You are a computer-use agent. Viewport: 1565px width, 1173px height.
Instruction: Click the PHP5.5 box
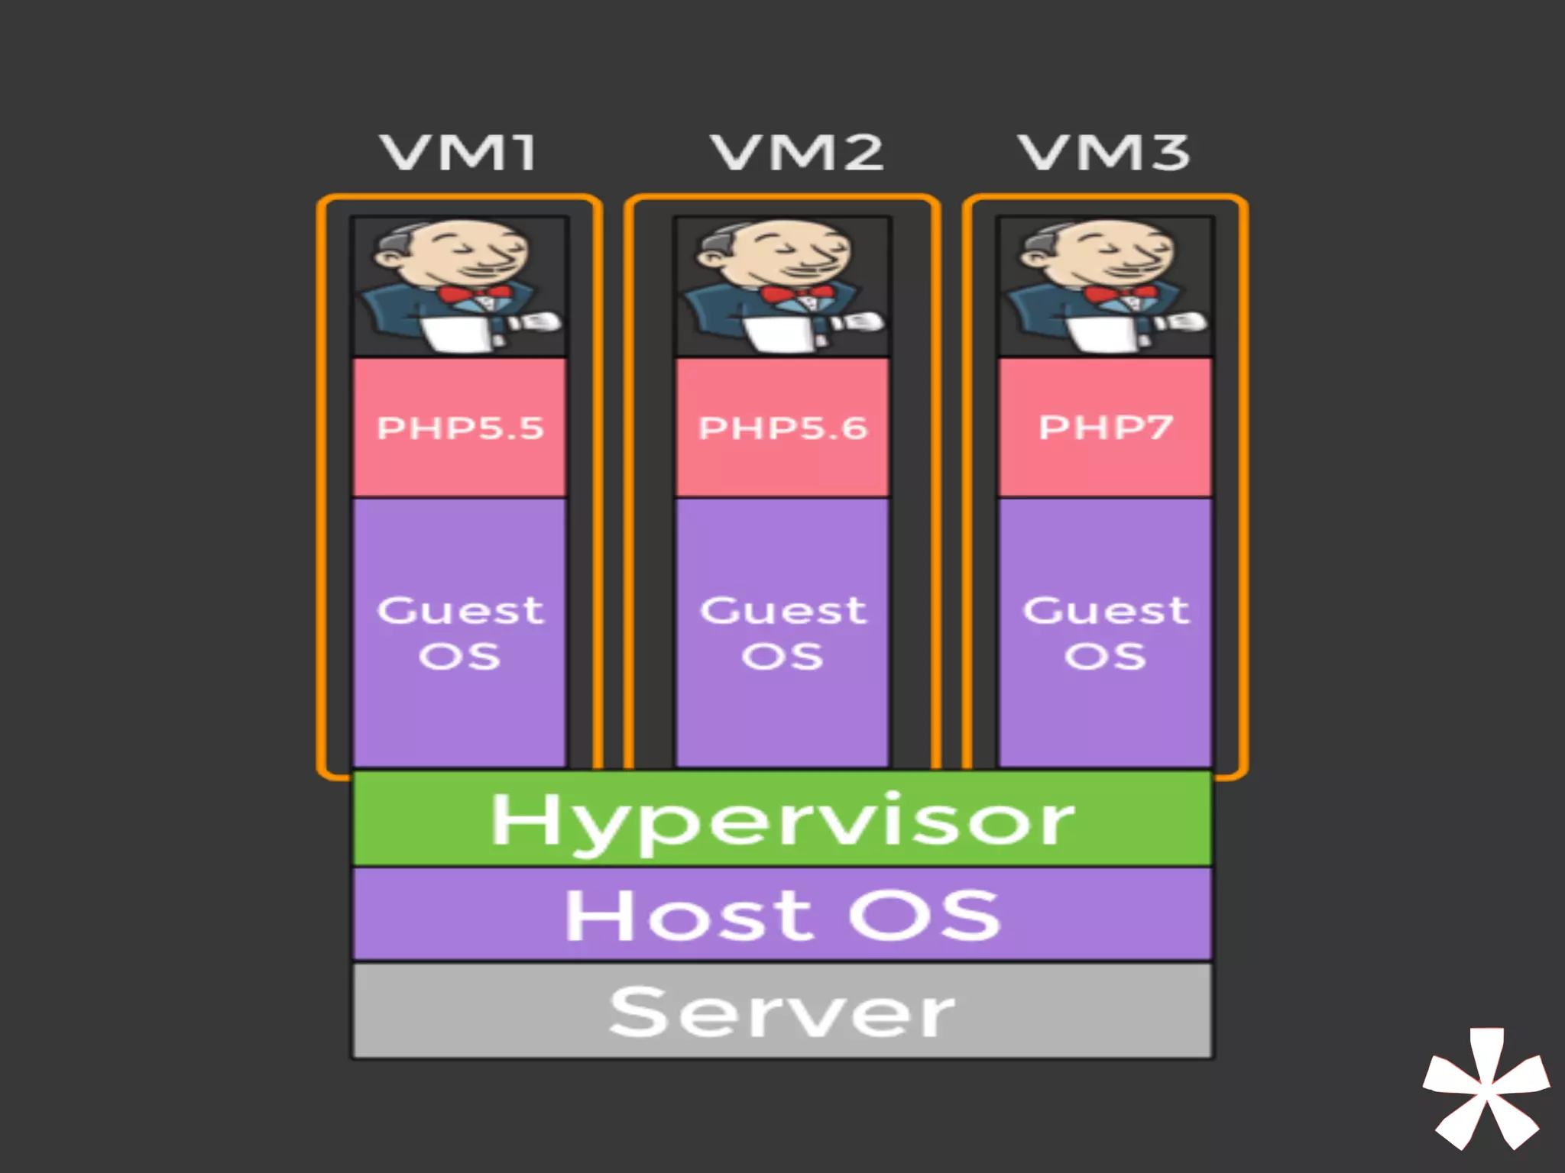(459, 428)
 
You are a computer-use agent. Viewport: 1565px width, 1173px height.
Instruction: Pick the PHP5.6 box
(782, 428)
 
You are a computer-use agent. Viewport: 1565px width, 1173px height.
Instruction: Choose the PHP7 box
(1105, 428)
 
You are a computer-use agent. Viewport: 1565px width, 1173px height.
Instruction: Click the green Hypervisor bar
(782, 819)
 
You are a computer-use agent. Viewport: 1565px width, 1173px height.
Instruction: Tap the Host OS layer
(782, 914)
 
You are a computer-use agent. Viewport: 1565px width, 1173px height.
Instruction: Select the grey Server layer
(782, 1011)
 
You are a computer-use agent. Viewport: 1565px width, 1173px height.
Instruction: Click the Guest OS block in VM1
(459, 632)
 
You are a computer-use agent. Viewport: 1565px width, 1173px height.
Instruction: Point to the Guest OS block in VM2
(782, 632)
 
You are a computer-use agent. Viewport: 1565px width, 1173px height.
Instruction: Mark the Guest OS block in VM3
(1105, 632)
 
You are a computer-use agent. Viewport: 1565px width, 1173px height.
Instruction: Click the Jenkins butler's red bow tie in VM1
(475, 294)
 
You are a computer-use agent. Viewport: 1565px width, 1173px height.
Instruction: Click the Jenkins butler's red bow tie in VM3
(1122, 294)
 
